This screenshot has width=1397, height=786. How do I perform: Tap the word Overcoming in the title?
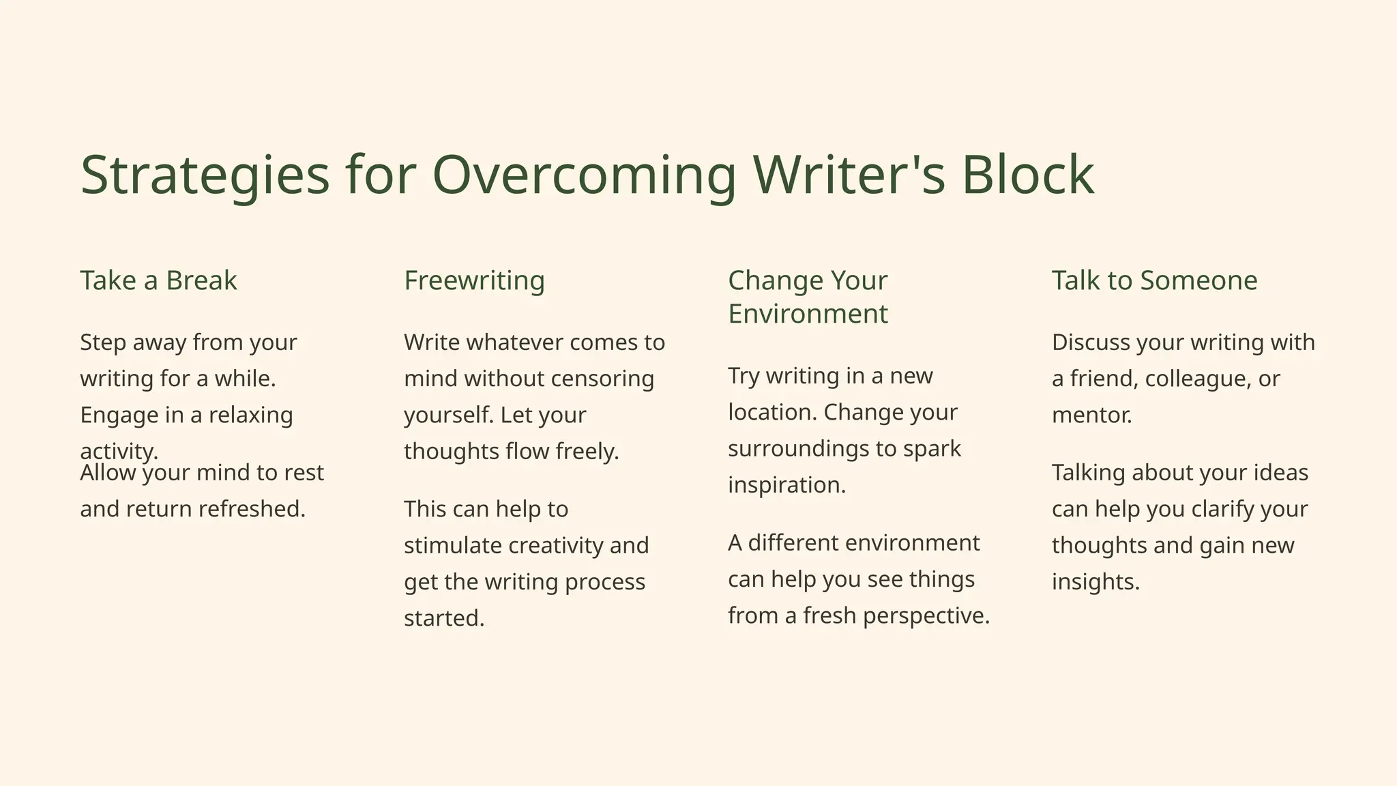pyautogui.click(x=585, y=175)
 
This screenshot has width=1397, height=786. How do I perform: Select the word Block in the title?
pyautogui.click(x=1027, y=175)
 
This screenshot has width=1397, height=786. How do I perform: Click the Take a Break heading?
pyautogui.click(x=158, y=280)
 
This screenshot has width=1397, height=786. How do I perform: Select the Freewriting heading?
pyautogui.click(x=474, y=280)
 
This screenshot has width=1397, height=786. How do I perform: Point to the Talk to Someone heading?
pyautogui.click(x=1154, y=280)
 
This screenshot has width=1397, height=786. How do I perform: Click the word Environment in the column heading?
pyautogui.click(x=808, y=314)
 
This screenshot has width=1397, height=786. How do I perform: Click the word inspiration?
pyautogui.click(x=786, y=485)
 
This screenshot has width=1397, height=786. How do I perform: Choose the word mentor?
pyautogui.click(x=1091, y=415)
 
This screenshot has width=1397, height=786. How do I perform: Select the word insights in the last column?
pyautogui.click(x=1095, y=582)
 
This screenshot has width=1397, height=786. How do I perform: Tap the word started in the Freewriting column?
pyautogui.click(x=443, y=618)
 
